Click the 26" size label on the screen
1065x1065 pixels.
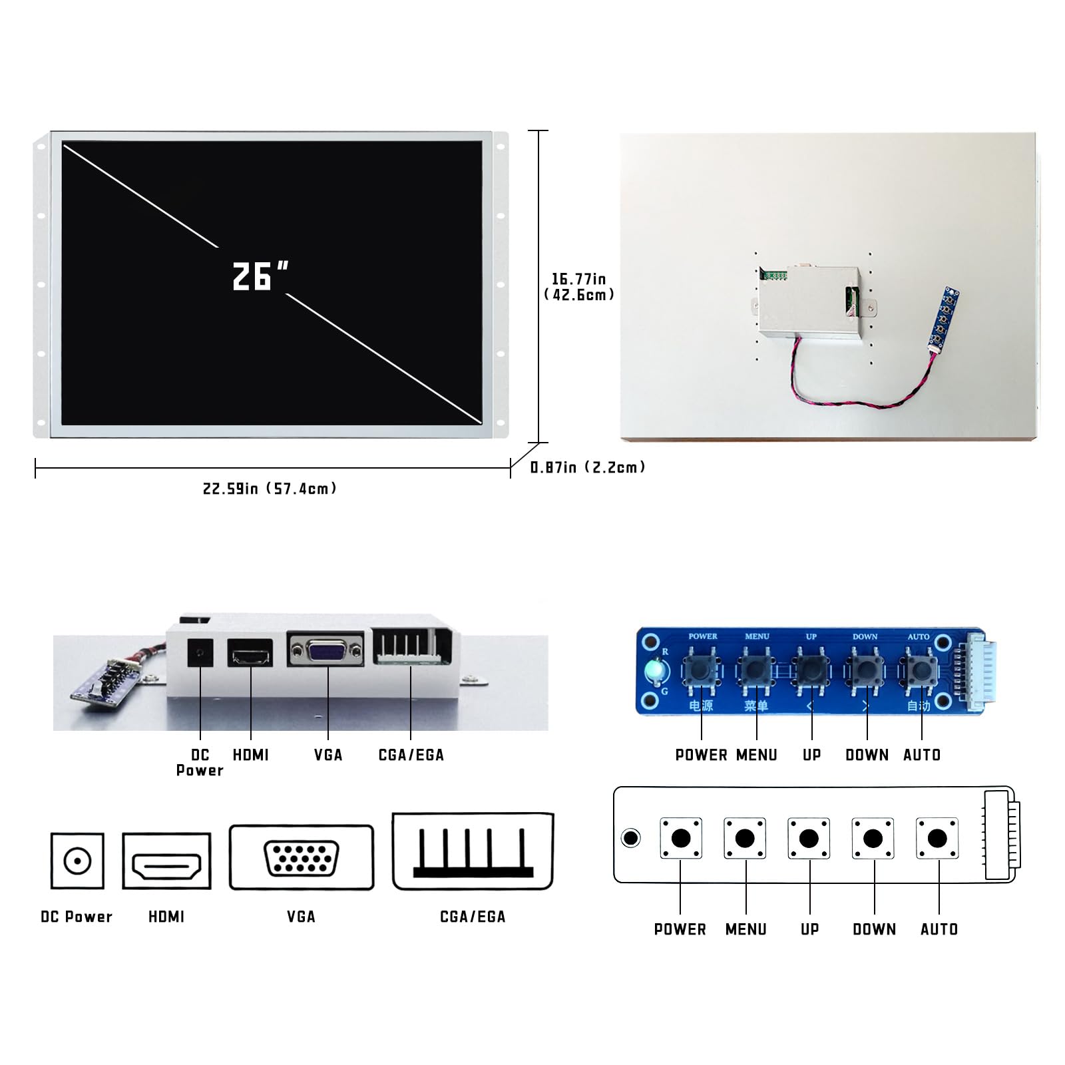click(x=260, y=276)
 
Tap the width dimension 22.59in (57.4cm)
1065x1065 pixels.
click(x=270, y=489)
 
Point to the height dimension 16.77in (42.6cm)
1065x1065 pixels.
click(x=579, y=287)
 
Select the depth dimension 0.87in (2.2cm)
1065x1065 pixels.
click(x=588, y=467)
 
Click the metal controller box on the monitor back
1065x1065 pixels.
click(x=811, y=303)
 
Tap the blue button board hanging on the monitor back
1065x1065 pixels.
click(x=944, y=319)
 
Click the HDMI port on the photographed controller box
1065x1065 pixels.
click(x=250, y=653)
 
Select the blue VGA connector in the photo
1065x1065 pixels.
click(x=326, y=650)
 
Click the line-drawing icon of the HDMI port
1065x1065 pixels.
click(x=166, y=861)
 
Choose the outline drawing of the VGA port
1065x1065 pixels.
click(x=302, y=857)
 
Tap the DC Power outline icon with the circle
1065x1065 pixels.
click(x=77, y=861)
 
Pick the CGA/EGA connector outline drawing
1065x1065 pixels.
click(x=473, y=851)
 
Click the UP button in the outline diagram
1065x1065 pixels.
click(x=809, y=839)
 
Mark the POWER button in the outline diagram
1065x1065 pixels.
click(x=681, y=839)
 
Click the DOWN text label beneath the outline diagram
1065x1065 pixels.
click(x=874, y=929)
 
